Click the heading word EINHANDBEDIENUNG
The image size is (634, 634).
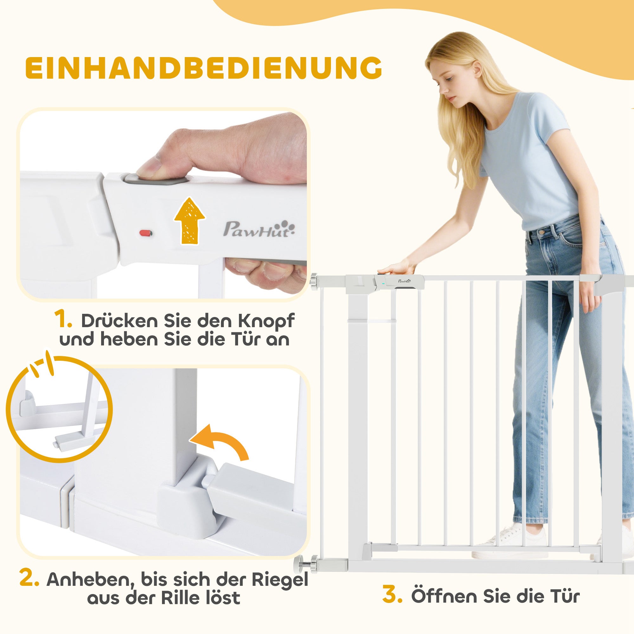pos(204,68)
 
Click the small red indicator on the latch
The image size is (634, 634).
pos(146,233)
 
